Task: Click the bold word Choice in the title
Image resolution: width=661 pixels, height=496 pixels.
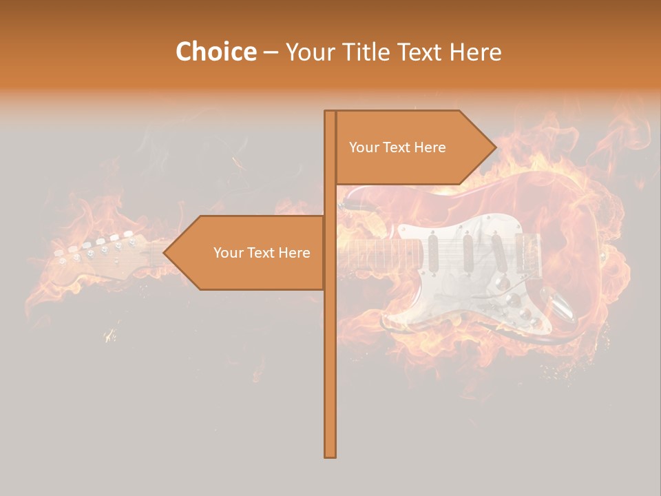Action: (x=216, y=52)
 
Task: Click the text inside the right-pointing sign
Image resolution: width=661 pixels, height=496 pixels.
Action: (x=397, y=147)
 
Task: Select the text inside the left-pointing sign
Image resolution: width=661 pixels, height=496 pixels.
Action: (x=262, y=253)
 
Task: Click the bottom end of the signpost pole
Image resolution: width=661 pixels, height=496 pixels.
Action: (x=330, y=455)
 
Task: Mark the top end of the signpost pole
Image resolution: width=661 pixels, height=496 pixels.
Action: (x=330, y=113)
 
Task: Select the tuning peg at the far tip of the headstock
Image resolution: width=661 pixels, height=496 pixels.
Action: (x=59, y=254)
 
